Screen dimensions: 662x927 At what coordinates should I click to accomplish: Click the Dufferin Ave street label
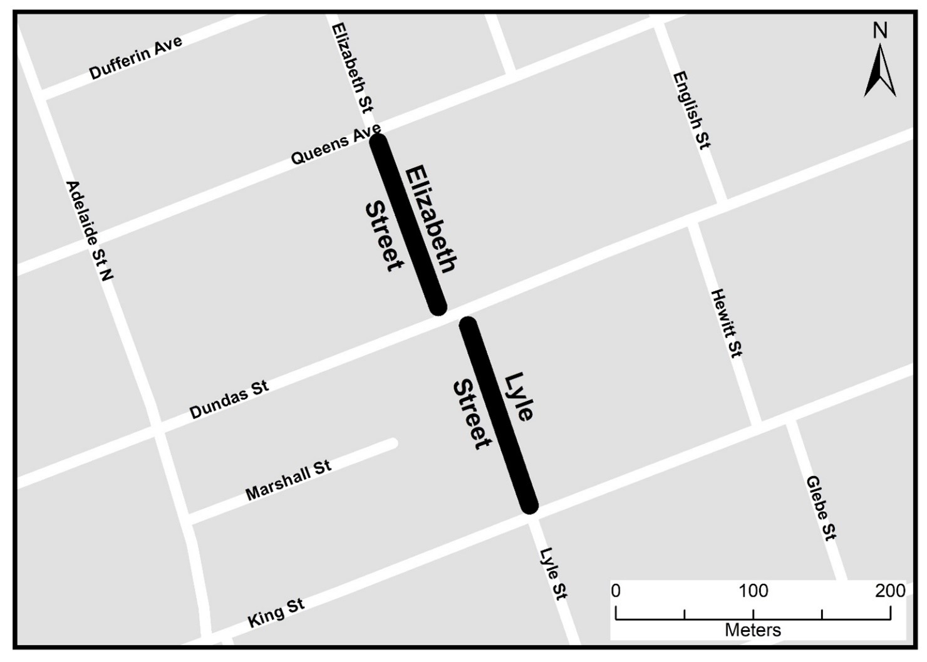pos(135,58)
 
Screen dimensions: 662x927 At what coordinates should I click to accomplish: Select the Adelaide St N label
pos(90,230)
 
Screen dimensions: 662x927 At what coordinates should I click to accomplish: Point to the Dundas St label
pos(229,400)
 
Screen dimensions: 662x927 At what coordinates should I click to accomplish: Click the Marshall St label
pos(288,480)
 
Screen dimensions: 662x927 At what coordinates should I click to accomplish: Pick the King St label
pos(276,613)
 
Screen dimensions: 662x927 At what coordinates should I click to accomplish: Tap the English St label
pos(691,110)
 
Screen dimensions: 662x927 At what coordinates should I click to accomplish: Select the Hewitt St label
pos(727,323)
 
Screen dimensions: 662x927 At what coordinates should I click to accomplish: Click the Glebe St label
pos(821,508)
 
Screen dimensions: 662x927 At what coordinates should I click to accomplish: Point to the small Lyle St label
pos(554,574)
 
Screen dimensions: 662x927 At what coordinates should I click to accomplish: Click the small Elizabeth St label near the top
pos(352,68)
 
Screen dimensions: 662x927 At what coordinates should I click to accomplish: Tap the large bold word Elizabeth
pos(431,219)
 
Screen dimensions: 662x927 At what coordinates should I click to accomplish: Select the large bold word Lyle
pos(519,396)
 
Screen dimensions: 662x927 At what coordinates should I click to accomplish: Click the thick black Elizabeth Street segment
pos(408,224)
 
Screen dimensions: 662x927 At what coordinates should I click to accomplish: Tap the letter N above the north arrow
pos(880,30)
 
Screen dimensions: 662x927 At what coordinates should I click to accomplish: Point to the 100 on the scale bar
pos(752,591)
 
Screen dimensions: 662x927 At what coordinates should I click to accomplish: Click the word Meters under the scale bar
pos(752,630)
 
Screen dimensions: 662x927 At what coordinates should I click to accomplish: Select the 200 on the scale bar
pos(889,591)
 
